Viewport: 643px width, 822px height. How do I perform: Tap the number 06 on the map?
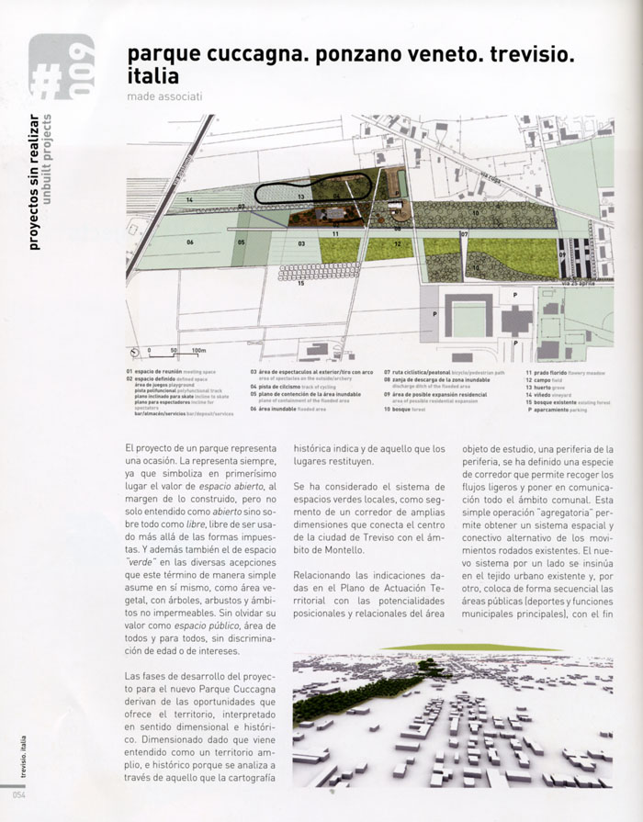pos(190,242)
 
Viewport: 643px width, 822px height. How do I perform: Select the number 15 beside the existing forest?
pos(301,284)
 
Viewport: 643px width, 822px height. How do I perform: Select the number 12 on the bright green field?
pos(397,243)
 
